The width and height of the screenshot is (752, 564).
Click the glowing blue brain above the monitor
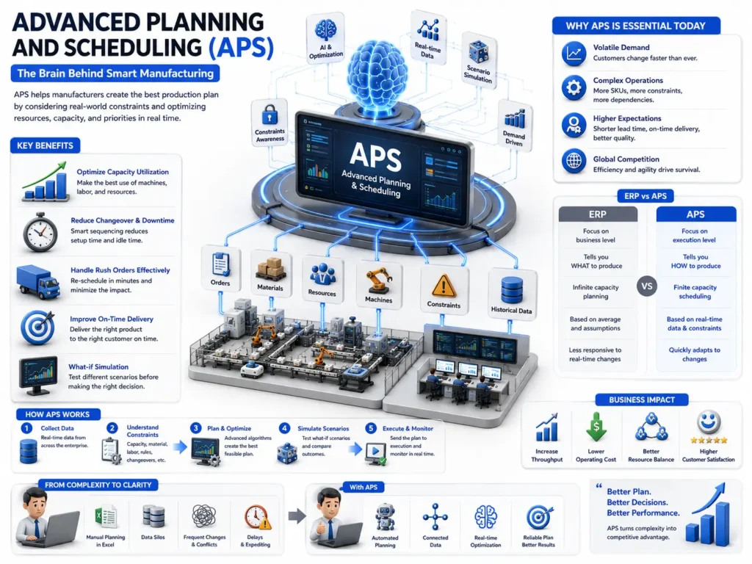pyautogui.click(x=377, y=73)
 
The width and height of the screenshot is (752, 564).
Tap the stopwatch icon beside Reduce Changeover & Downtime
pyautogui.click(x=40, y=233)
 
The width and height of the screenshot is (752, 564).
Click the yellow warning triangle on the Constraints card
pyautogui.click(x=444, y=286)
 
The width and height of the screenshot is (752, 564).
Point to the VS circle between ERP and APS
pyautogui.click(x=646, y=286)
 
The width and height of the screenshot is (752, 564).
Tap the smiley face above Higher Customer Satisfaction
pyautogui.click(x=709, y=422)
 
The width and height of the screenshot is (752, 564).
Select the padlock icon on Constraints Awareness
pyautogui.click(x=270, y=115)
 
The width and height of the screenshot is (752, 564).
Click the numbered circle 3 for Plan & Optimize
pyautogui.click(x=195, y=428)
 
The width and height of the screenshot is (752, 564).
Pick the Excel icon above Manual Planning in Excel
pyautogui.click(x=105, y=517)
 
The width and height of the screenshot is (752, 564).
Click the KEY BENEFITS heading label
pyautogui.click(x=45, y=146)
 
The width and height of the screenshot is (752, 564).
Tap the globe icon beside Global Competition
pyautogui.click(x=574, y=161)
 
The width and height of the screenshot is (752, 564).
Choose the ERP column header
pyautogui.click(x=598, y=214)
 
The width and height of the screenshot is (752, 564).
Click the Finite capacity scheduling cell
pyautogui.click(x=695, y=292)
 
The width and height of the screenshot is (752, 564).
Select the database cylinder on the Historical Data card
pyautogui.click(x=512, y=290)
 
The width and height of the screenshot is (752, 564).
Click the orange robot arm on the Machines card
pyautogui.click(x=379, y=280)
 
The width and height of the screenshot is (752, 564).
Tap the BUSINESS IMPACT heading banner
pyautogui.click(x=642, y=400)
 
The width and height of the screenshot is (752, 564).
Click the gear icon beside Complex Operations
pyautogui.click(x=574, y=88)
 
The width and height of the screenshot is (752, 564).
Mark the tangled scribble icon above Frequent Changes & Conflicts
pyautogui.click(x=204, y=516)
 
